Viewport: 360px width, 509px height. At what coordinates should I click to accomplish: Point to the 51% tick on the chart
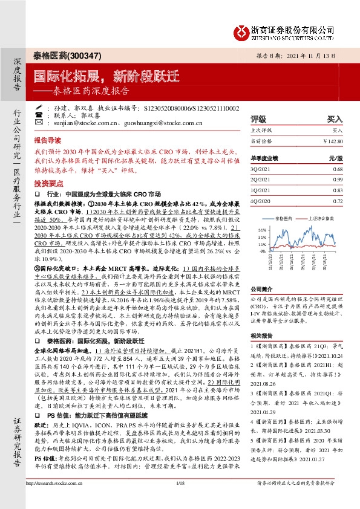[261, 230]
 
